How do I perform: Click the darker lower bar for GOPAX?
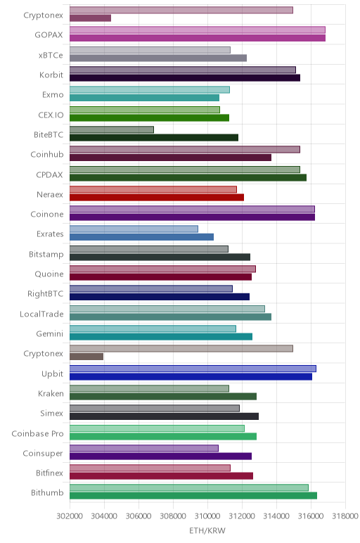(x=198, y=38)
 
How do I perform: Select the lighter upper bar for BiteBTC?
(x=112, y=129)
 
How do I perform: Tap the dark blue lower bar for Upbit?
(x=191, y=377)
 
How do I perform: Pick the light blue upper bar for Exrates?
(x=134, y=229)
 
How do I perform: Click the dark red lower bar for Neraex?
(x=157, y=198)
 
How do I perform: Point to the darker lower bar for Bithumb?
(x=193, y=496)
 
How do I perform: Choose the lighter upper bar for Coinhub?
(x=185, y=149)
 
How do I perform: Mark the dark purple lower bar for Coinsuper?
(x=160, y=456)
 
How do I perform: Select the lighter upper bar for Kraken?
(x=149, y=388)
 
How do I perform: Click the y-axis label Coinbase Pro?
(x=37, y=433)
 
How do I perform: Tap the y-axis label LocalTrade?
(x=41, y=314)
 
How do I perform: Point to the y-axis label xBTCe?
(x=51, y=55)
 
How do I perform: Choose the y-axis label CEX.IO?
(x=51, y=115)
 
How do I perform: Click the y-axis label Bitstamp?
(x=46, y=254)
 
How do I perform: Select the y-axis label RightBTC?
(x=45, y=294)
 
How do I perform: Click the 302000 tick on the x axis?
(x=70, y=516)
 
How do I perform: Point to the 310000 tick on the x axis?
(x=207, y=516)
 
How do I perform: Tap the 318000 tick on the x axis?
(x=345, y=516)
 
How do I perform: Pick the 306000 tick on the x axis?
(x=139, y=516)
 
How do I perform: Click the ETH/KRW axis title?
(x=207, y=530)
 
